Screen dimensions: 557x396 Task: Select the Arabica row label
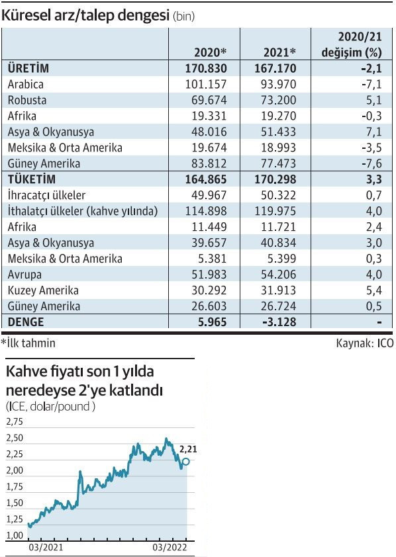(25, 84)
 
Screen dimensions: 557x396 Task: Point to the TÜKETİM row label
(31, 179)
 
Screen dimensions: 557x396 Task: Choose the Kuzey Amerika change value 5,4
(374, 290)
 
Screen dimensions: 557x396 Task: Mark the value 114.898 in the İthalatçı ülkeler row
(205, 211)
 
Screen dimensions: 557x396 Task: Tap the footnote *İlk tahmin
(29, 343)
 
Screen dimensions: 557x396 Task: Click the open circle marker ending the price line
(186, 462)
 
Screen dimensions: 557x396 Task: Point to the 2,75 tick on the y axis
(15, 421)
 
